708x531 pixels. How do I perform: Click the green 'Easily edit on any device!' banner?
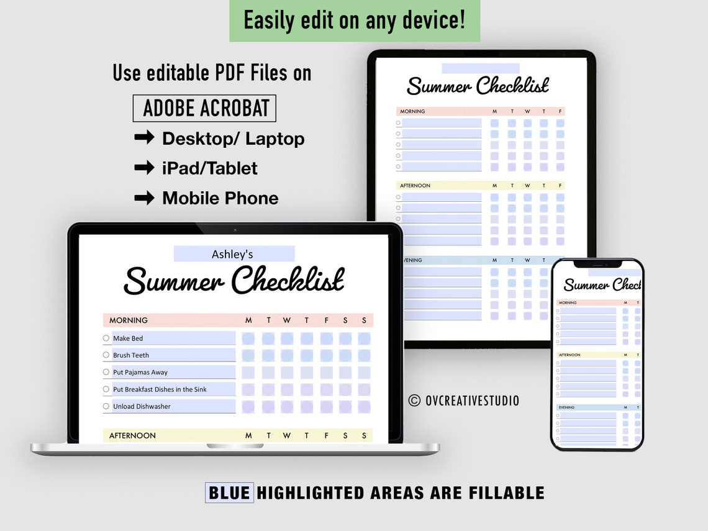[x=354, y=20]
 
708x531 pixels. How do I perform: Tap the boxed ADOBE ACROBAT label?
[x=204, y=108]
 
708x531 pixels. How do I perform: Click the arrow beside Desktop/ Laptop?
[x=144, y=138]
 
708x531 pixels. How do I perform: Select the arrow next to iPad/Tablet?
[x=144, y=168]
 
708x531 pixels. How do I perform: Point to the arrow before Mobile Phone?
[x=144, y=197]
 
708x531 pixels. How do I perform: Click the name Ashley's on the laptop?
[x=233, y=254]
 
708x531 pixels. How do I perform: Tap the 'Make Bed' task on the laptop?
[x=128, y=338]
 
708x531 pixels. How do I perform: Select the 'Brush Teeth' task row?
[x=131, y=355]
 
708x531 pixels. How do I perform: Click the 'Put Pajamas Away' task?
[x=140, y=373]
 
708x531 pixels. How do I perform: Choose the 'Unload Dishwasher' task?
[x=142, y=407]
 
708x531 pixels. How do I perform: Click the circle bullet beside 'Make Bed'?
[x=106, y=338]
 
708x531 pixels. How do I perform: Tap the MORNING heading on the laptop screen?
[x=129, y=320]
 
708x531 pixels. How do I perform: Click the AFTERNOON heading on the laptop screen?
[x=133, y=436]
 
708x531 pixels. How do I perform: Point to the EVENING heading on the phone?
[x=567, y=407]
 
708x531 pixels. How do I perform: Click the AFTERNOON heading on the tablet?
[x=415, y=186]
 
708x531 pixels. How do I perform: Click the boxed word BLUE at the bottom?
[x=229, y=493]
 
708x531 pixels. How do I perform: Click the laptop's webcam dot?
[x=235, y=230]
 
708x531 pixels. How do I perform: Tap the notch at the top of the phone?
[x=597, y=264]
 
